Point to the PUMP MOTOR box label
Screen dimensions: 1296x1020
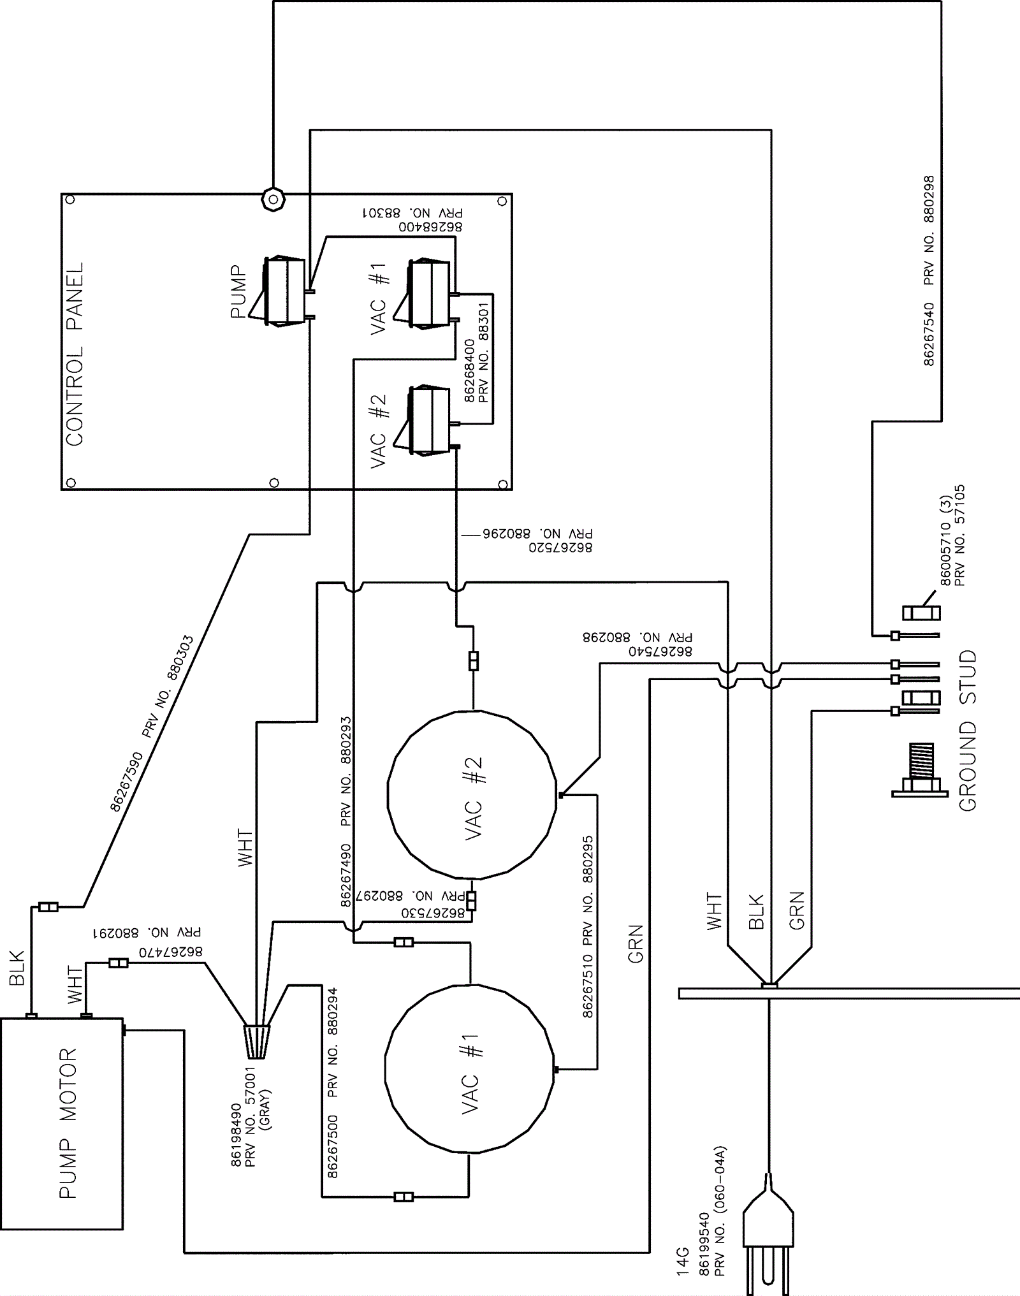coord(68,1123)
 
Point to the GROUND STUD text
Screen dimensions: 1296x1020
coord(967,731)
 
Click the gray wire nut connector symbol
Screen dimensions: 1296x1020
coord(256,1042)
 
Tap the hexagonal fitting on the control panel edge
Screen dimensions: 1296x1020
coord(273,200)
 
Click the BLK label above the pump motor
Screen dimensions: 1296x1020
coord(17,967)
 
